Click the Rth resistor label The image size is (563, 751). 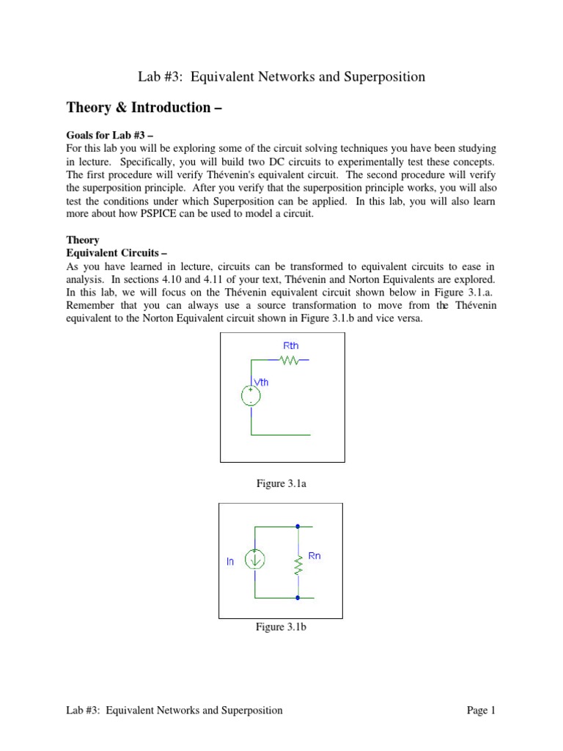(x=291, y=345)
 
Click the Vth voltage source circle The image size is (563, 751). (x=251, y=395)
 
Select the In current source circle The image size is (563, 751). (x=255, y=560)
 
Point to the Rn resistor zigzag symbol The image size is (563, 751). (x=298, y=565)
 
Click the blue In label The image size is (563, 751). (x=230, y=561)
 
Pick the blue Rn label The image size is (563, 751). (x=314, y=556)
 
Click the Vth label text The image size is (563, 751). (x=261, y=381)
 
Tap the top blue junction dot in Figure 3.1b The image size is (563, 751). (x=298, y=526)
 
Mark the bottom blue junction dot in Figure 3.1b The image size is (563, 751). (x=298, y=598)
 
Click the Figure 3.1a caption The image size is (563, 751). (x=281, y=484)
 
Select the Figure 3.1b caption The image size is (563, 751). (x=281, y=627)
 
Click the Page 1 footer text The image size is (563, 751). (x=482, y=710)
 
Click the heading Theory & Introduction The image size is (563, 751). (x=144, y=108)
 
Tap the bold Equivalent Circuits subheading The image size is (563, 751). (x=111, y=253)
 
